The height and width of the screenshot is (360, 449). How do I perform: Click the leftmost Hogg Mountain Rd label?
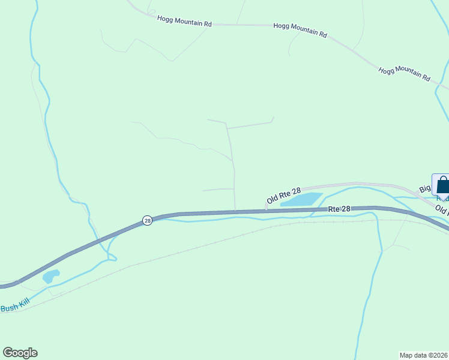coord(184,22)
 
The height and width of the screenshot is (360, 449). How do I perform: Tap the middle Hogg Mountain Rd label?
coord(300,30)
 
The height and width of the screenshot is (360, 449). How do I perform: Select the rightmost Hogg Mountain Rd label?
coord(405,74)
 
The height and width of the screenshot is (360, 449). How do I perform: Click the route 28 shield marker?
coord(148,221)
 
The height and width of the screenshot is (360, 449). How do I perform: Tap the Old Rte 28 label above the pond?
coord(283,195)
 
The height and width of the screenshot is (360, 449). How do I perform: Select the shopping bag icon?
coord(442,186)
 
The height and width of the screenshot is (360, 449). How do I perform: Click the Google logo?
coord(20,353)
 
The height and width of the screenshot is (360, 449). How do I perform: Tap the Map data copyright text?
coord(424,355)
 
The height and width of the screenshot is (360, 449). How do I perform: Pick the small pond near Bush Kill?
coord(50,277)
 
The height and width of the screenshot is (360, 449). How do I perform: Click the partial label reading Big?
coord(425,190)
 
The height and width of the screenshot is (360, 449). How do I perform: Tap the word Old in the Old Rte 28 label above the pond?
coord(273,199)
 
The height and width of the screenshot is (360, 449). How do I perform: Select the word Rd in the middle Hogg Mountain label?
coord(322,34)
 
